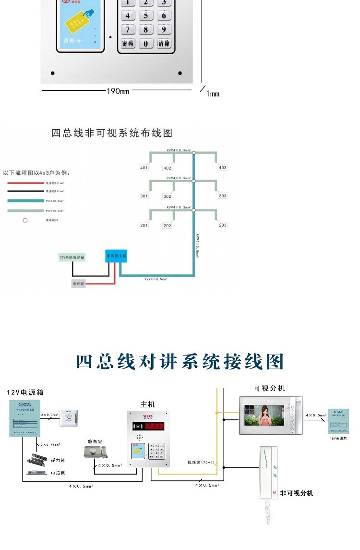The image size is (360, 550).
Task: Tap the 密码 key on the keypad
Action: (128, 44)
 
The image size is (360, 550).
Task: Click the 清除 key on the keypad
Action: (164, 44)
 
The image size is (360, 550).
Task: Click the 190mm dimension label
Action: (118, 91)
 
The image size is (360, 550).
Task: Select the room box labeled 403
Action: (222, 168)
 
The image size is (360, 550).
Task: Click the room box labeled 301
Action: (144, 196)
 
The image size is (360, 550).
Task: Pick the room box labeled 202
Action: (167, 225)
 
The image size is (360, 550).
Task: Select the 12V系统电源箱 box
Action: (72, 257)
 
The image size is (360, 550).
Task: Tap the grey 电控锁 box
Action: (78, 284)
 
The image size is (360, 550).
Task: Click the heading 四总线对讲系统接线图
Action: (180, 362)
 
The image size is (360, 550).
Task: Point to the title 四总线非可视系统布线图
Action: (112, 133)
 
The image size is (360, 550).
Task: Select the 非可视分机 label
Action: (297, 493)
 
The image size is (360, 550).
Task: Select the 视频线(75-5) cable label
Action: (201, 462)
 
